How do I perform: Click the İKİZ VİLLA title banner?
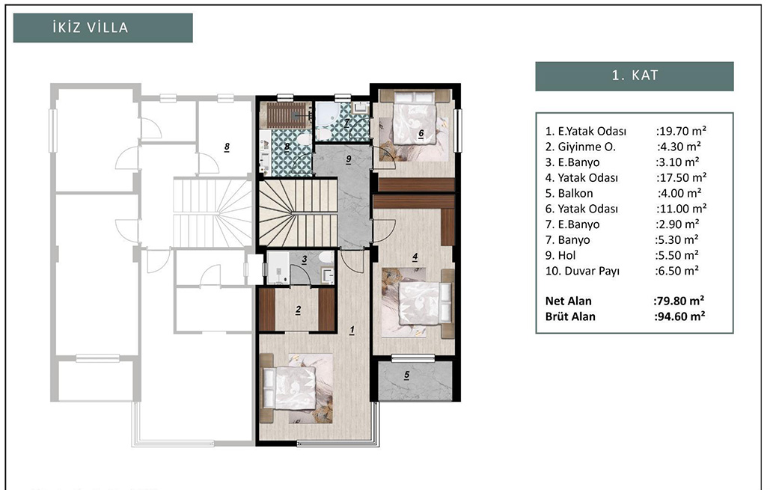coord(103,28)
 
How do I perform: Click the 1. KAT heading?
coord(634,76)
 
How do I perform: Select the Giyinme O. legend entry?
coord(580,147)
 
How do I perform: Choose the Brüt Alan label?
coord(570,316)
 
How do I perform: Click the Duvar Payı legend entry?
coord(582,272)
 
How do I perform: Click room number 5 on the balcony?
coord(406,375)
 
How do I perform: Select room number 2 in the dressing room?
coord(298,310)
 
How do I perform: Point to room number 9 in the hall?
coord(349,159)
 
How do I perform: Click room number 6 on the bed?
coord(421,133)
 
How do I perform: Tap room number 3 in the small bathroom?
coord(305,260)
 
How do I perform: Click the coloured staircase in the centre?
coord(298,212)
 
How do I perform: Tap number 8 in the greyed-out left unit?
coord(227,147)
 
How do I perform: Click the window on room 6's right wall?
coord(458,130)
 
